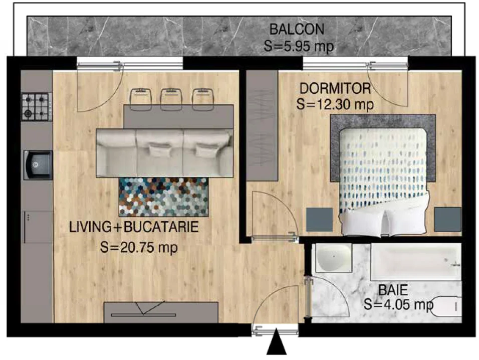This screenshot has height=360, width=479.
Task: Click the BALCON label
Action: [297, 30]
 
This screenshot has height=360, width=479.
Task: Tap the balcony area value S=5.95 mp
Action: [299, 46]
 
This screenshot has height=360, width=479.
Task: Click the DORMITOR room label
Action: [335, 89]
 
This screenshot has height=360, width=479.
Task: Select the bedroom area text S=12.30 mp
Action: [335, 104]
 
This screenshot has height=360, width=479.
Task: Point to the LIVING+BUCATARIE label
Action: [134, 227]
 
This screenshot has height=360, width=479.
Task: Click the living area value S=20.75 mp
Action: [139, 247]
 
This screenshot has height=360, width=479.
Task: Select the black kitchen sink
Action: [38, 165]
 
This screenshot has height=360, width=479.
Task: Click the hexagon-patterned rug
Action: [164, 197]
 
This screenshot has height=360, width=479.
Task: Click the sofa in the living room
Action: [165, 153]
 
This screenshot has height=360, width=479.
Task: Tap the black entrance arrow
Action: [277, 341]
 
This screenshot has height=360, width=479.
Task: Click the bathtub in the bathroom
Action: [416, 262]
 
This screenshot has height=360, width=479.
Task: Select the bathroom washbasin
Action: [334, 258]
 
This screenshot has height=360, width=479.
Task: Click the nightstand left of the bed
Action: [320, 220]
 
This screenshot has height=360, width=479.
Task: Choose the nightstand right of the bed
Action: [448, 220]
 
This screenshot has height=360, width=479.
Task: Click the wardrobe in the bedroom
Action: [262, 125]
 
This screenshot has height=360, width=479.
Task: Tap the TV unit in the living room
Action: [161, 312]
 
